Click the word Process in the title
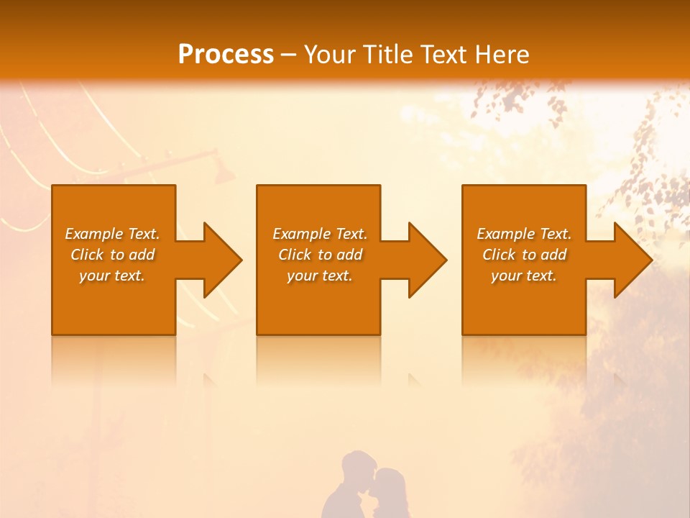coord(226,54)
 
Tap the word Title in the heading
coord(387,54)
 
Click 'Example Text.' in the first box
coord(112,234)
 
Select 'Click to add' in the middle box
coord(320,255)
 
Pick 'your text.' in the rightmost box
coord(524,276)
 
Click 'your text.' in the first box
coord(112,276)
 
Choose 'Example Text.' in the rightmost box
coord(524,234)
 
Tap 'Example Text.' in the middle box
coord(320,234)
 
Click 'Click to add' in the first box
coord(112,255)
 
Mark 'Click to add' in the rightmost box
coord(524,255)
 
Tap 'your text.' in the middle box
coord(320,276)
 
